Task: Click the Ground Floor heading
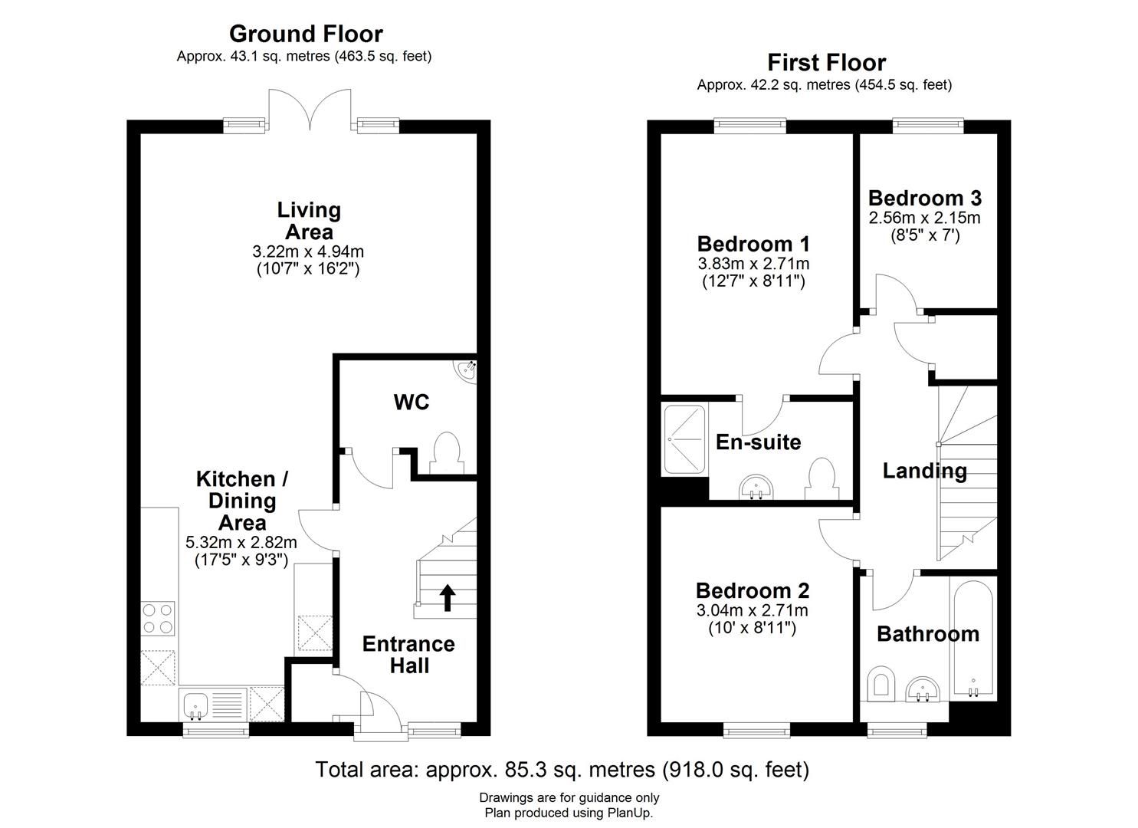[x=306, y=34]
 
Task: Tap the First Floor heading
[x=826, y=62]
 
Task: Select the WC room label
[x=411, y=402]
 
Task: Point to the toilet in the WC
[x=445, y=453]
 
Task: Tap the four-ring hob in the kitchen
[x=157, y=618]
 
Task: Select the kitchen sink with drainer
[x=212, y=704]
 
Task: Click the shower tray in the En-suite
[x=684, y=439]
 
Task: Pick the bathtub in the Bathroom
[x=973, y=640]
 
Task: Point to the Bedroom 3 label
[x=924, y=198]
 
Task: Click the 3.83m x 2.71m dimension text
[x=753, y=264]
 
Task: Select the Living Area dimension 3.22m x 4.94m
[x=308, y=251]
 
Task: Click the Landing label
[x=924, y=471]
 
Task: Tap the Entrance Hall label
[x=408, y=655]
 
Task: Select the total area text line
[x=562, y=769]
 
